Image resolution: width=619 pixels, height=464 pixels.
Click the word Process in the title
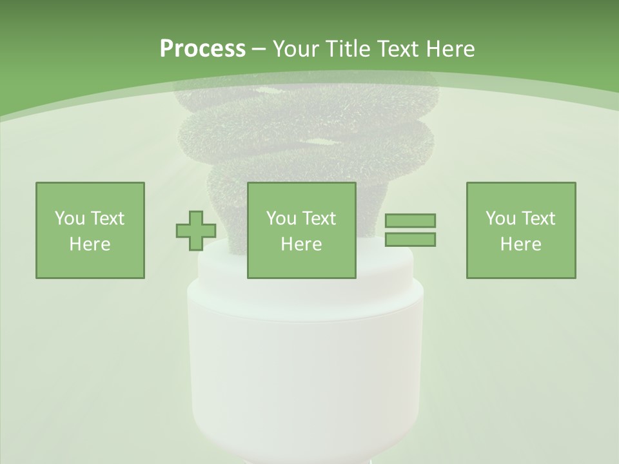point(202,49)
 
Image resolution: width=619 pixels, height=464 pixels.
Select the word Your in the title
point(297,49)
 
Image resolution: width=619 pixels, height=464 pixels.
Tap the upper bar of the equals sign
point(410,220)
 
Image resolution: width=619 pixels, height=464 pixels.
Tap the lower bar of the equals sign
point(410,240)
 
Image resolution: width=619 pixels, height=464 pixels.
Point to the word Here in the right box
point(520,244)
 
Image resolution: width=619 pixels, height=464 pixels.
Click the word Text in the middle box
point(320,218)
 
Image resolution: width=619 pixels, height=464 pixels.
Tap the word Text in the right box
point(539,218)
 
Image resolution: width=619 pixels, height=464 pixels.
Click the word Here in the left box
point(90,244)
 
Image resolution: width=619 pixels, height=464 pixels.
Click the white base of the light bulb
point(305,361)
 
